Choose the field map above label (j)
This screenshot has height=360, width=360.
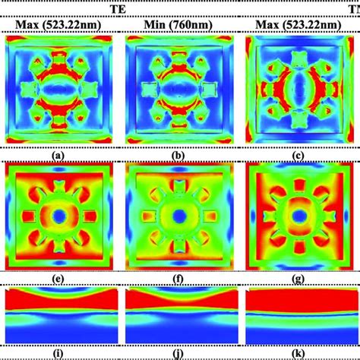coord(175,315)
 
